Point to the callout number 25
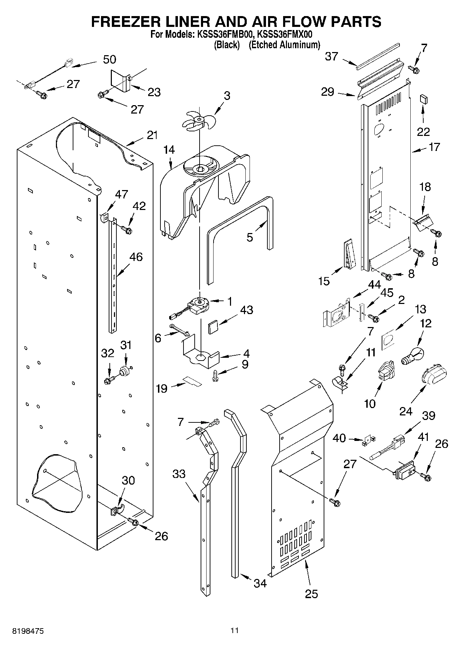(311, 593)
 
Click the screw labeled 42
(127, 230)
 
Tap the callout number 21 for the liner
(152, 135)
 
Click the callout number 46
(136, 257)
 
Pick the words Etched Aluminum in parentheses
(284, 45)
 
